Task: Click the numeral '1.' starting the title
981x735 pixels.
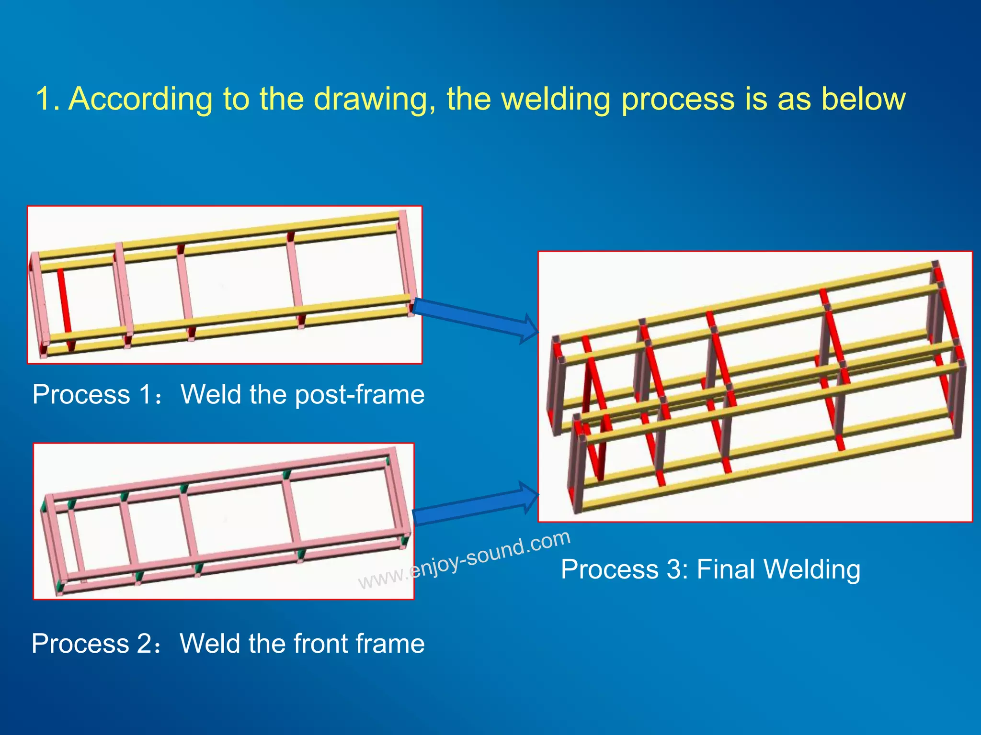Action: [x=47, y=99]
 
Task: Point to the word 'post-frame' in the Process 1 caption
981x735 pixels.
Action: [x=360, y=395]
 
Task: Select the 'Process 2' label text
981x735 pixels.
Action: [x=91, y=643]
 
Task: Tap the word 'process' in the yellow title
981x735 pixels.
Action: [x=678, y=100]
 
